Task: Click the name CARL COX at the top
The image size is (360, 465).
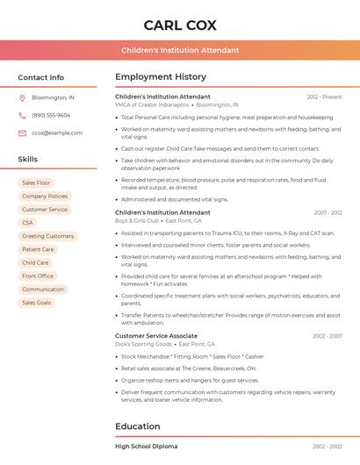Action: point(179,25)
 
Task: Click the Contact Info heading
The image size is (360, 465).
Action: point(40,77)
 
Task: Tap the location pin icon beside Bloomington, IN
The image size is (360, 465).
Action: point(22,98)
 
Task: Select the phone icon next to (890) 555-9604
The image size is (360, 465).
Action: point(22,116)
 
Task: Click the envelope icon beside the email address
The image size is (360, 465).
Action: point(22,133)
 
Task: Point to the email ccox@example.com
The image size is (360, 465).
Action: point(57,133)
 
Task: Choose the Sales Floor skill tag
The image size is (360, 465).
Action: point(36,182)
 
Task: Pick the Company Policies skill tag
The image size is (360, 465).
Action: point(44,197)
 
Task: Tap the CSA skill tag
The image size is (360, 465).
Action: point(27,223)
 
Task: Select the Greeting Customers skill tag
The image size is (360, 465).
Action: point(47,236)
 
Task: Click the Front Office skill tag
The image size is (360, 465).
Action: point(38,275)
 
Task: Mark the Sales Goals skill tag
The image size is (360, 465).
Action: point(36,303)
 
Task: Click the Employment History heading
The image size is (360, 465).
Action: point(160,77)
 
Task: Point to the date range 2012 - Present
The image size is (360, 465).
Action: point(324,97)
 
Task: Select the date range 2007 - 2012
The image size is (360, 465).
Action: point(327,213)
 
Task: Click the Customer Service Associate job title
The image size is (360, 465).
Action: point(155,336)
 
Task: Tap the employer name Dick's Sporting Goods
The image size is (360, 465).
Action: point(143,344)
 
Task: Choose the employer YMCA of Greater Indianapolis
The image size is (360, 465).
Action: point(152,104)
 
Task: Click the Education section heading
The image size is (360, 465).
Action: point(137,426)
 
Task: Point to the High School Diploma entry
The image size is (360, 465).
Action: point(146,447)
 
